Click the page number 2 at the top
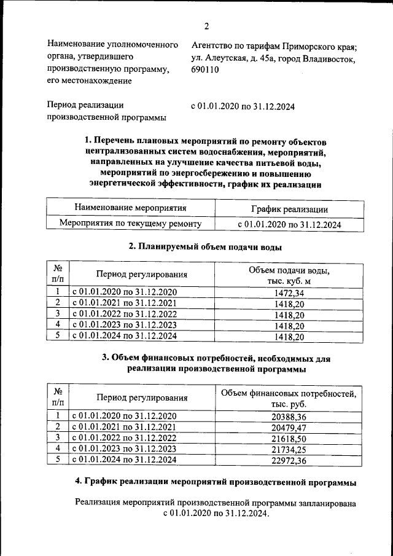click(x=207, y=26)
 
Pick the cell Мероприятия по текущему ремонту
click(x=130, y=224)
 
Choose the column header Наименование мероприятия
click(x=130, y=209)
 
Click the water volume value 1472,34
click(x=289, y=292)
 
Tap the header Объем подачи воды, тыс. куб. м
click(x=289, y=276)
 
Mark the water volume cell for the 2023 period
click(x=289, y=326)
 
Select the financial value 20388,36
click(x=288, y=416)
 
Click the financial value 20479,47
click(x=288, y=427)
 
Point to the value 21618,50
click(x=288, y=437)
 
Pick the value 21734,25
click(x=288, y=448)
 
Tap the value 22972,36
click(x=288, y=460)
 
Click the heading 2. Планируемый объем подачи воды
click(x=206, y=248)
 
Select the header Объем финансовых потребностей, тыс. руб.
click(x=288, y=399)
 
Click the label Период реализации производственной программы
click(x=106, y=112)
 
